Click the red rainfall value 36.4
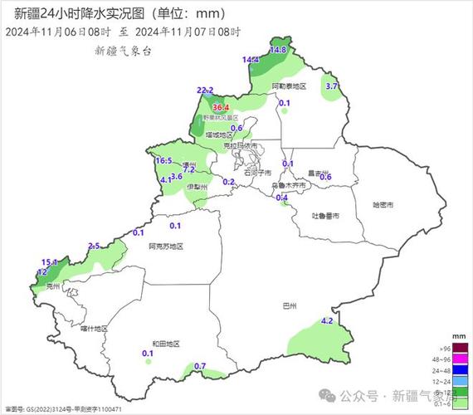tap(221, 108)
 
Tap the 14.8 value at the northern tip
tap(278, 51)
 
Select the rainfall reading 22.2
tap(205, 90)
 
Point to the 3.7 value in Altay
tap(332, 86)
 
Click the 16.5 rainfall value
tap(163, 160)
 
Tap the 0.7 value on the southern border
tap(199, 366)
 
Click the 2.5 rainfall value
tap(94, 245)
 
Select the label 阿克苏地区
tap(164, 247)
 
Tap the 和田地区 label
tap(165, 344)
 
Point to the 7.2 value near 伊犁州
tap(188, 169)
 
